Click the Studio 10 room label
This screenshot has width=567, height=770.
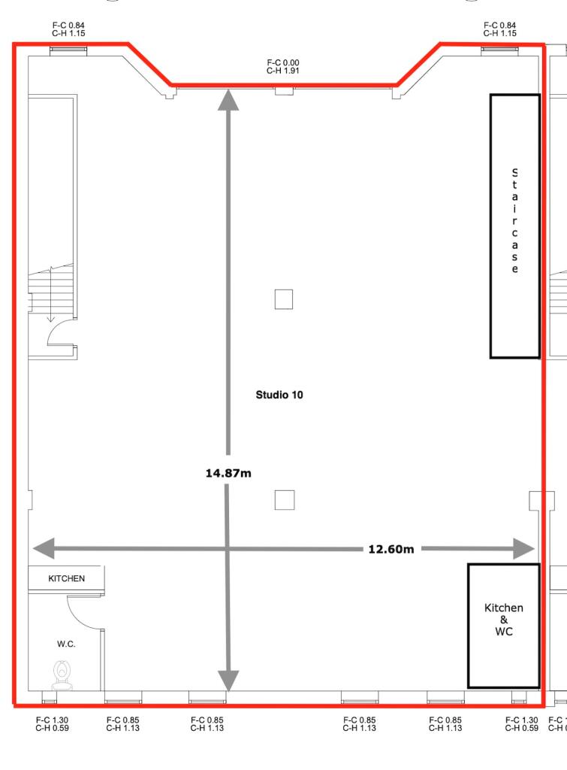point(275,395)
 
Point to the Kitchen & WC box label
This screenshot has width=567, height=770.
point(504,620)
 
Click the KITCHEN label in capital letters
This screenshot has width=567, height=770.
point(67,579)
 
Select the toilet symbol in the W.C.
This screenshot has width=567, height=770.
point(62,675)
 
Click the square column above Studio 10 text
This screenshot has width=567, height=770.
point(283,299)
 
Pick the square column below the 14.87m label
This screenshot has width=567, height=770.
point(284,499)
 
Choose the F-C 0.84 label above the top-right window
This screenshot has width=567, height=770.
point(499,30)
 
